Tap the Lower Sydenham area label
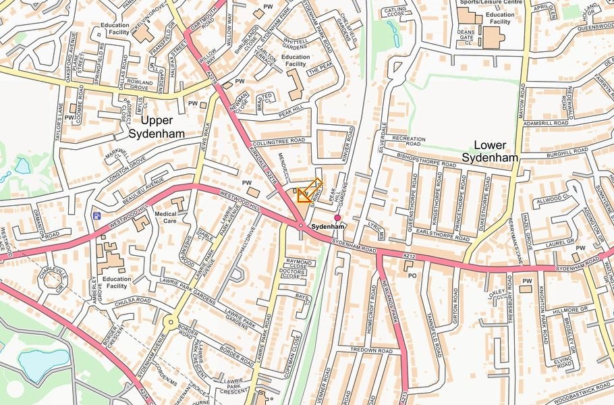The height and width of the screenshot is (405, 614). [490, 151]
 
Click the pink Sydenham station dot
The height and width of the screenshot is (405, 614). [337, 217]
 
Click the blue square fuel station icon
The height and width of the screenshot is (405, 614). [97, 216]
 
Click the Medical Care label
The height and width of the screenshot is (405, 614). [165, 217]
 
